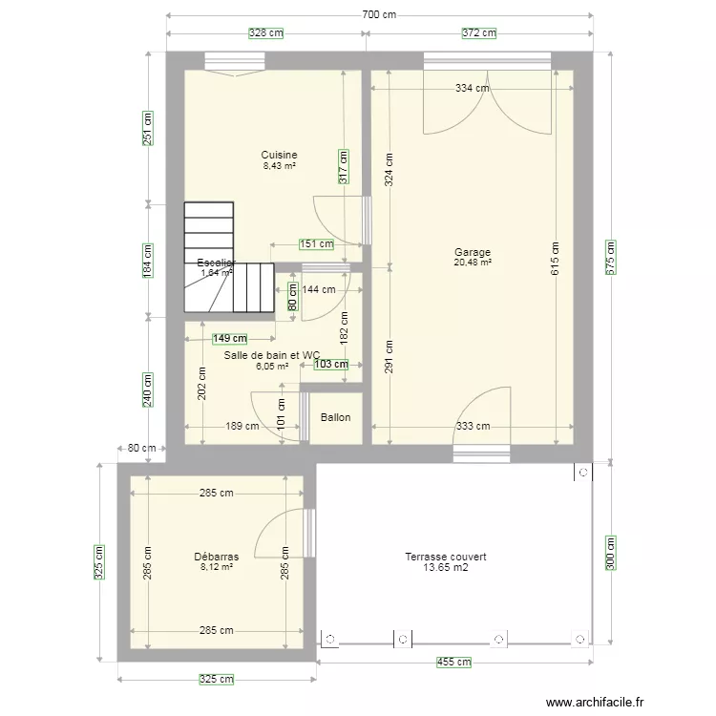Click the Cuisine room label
(280, 155)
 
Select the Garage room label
(473, 253)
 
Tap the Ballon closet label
(335, 417)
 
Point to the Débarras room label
(217, 557)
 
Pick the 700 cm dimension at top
(379, 15)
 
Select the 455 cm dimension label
(454, 662)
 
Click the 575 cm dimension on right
(611, 257)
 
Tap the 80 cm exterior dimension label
(140, 448)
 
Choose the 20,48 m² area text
(473, 263)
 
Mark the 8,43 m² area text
(280, 165)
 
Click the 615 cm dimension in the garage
(555, 257)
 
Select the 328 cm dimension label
(266, 32)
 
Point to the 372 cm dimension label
(479, 32)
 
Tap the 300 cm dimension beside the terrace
(611, 554)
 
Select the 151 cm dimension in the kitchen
(316, 243)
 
